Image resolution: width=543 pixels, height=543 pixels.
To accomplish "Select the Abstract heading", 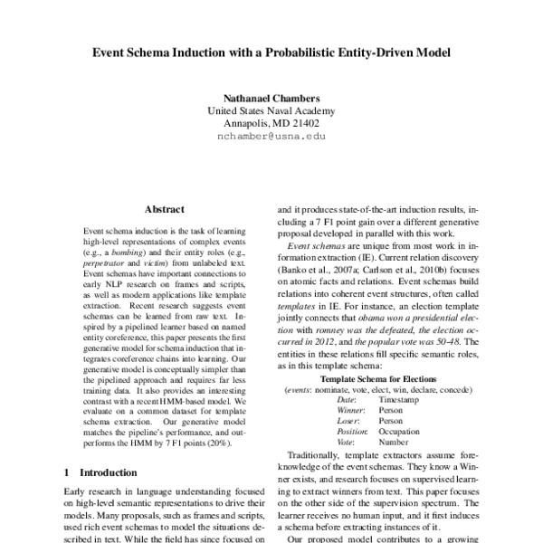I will pyautogui.click(x=164, y=208).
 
